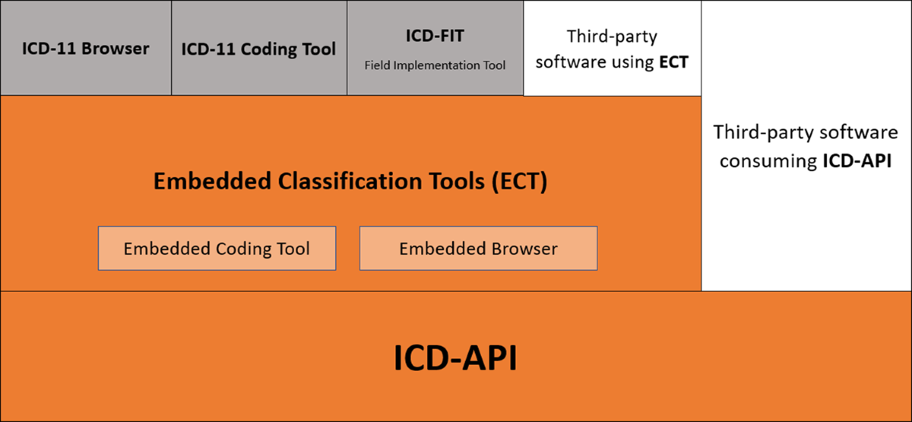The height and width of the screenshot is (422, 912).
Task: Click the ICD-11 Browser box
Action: click(85, 48)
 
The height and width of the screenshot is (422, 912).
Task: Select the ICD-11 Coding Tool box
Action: click(259, 48)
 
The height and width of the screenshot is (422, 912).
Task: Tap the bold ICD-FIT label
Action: click(435, 36)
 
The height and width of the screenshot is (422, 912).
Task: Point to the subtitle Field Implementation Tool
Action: click(435, 65)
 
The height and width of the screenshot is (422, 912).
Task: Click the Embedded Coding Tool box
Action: click(217, 249)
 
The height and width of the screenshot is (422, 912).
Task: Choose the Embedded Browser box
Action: click(478, 249)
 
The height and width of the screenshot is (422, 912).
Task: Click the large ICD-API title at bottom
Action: click(455, 357)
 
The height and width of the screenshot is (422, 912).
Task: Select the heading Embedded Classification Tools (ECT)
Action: click(350, 181)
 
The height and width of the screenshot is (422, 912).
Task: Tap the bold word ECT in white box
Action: click(674, 62)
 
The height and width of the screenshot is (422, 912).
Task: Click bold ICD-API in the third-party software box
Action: click(857, 160)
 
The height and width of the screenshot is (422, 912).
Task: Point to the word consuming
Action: click(768, 161)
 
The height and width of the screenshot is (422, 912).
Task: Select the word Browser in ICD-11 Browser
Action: click(116, 49)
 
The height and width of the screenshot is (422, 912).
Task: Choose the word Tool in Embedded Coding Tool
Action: click(293, 249)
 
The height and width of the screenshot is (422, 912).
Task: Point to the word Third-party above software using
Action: click(612, 36)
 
